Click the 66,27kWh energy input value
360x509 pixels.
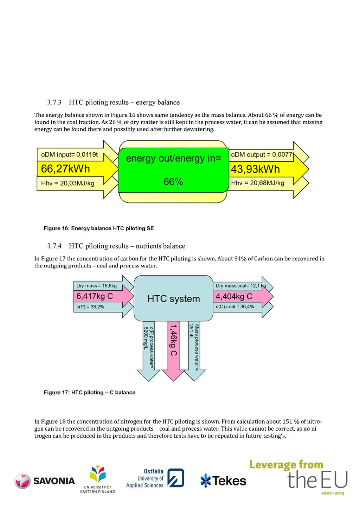point(65,169)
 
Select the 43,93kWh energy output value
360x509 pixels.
point(255,169)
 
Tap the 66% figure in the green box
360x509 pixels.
point(173,182)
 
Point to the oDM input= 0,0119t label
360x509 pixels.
point(69,155)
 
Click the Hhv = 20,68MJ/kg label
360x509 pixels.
point(257,183)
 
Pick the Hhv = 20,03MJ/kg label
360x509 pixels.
point(67,183)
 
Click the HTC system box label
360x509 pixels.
point(174,298)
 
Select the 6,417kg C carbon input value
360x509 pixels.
point(95,296)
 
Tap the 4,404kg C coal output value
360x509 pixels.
point(234,296)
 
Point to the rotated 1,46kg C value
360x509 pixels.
point(174,340)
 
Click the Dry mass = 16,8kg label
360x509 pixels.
point(96,286)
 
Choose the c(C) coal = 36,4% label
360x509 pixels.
point(235,307)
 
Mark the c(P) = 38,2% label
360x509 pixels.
point(90,307)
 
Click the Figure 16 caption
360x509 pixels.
point(99,228)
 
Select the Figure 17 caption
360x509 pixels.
point(90,392)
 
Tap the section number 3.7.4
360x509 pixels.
point(54,246)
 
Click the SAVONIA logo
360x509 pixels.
point(45,481)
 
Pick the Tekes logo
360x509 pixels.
point(223,481)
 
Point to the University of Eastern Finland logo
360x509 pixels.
point(98,479)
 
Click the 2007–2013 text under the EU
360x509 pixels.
point(333,493)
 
